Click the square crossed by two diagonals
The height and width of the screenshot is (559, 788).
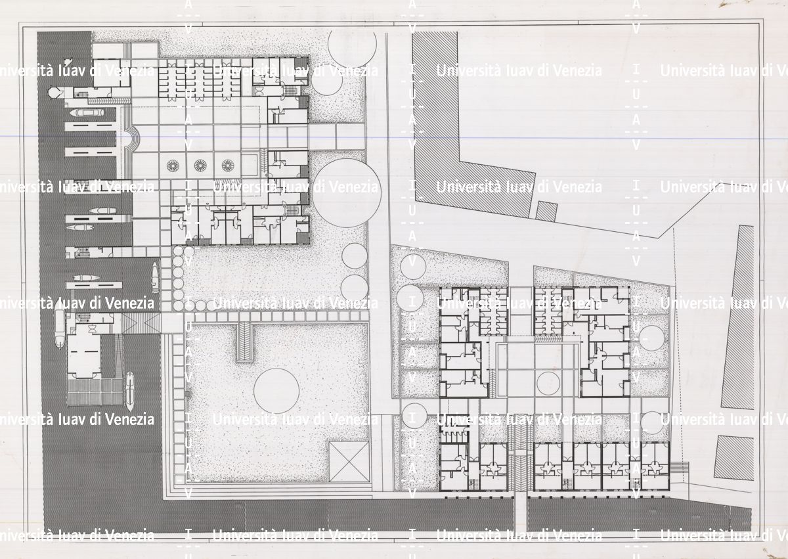coord(349,462)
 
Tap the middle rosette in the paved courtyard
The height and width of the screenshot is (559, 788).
coord(200,166)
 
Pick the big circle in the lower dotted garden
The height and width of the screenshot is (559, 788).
coord(276,391)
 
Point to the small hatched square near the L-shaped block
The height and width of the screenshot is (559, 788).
coord(546,211)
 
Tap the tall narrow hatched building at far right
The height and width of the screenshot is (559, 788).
coord(738,317)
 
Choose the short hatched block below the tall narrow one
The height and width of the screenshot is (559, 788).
coord(734,458)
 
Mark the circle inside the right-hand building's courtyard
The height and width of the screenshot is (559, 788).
coord(548,384)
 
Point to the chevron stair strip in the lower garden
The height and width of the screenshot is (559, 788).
coord(244,342)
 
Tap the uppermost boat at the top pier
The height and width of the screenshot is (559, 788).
coord(87,112)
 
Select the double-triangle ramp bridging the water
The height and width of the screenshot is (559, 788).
coord(141,323)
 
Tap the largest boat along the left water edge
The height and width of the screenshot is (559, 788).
coord(60,324)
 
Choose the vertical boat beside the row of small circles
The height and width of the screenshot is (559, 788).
coord(155,278)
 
